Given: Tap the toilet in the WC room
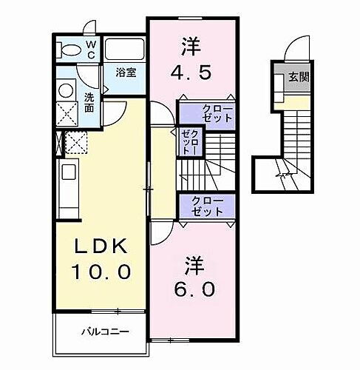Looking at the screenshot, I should [69, 50].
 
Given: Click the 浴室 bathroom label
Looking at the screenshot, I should [125, 73].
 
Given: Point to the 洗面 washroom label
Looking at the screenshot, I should [89, 102].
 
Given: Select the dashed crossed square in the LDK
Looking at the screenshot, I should [76, 141].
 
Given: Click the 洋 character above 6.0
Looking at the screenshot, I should [194, 263].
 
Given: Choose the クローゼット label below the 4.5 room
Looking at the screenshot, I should [217, 113].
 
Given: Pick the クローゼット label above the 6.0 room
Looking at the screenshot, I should [206, 206].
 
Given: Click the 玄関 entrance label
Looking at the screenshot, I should [298, 76].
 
